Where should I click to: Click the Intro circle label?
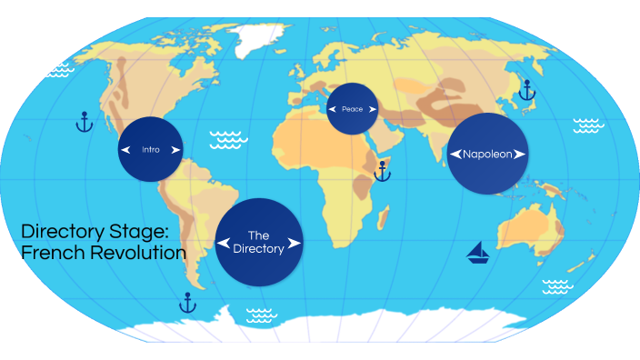[x=150, y=149]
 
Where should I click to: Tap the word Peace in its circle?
[x=353, y=109]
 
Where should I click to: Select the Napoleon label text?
[x=488, y=154]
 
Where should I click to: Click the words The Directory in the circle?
[x=259, y=241]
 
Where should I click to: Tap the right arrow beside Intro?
[x=175, y=149]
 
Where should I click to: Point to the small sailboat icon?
[x=478, y=253]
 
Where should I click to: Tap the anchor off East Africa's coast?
[x=383, y=170]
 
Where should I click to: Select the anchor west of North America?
[x=84, y=121]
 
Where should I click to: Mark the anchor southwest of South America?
[x=188, y=302]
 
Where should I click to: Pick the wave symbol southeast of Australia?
[x=556, y=287]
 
